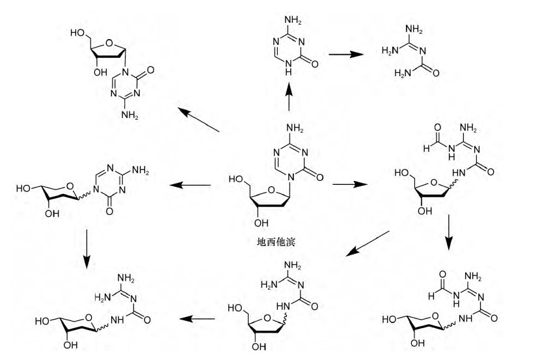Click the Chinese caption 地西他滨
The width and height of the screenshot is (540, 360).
(x=276, y=242)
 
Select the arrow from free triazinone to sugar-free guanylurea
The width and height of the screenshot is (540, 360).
(x=345, y=54)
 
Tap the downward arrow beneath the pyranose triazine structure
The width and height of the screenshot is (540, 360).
(x=87, y=249)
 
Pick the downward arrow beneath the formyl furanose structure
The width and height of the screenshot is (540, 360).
(x=448, y=232)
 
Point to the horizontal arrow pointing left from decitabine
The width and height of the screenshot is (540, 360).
(x=190, y=185)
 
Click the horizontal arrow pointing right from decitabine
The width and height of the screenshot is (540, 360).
(x=350, y=184)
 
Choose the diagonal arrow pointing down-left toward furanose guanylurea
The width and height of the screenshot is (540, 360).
(x=368, y=243)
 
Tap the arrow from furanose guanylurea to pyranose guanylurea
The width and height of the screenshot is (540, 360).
(x=197, y=318)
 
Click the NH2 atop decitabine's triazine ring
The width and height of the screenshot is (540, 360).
(x=295, y=128)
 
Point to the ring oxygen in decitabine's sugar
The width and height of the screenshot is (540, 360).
(x=272, y=191)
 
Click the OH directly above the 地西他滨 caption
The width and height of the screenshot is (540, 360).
(x=261, y=223)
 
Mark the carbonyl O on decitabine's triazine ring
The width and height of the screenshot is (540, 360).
(x=319, y=178)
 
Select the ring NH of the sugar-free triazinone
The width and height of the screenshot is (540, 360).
(x=289, y=68)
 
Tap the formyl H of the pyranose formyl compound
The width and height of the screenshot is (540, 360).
(x=431, y=296)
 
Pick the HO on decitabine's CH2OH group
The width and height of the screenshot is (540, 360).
(x=236, y=179)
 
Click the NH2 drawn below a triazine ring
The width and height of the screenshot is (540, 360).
(x=130, y=115)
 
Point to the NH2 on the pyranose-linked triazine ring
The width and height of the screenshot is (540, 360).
(x=141, y=170)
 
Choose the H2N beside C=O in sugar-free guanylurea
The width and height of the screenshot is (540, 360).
(x=403, y=73)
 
